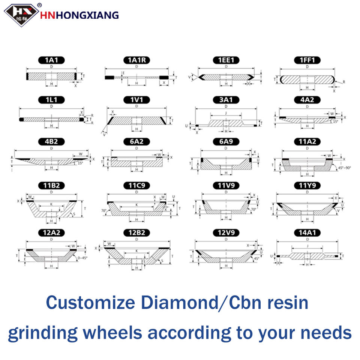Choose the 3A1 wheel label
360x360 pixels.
226,100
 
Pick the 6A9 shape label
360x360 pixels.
226,141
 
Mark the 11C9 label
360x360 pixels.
136,185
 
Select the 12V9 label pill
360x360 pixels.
226,233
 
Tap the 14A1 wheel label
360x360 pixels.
307,233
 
